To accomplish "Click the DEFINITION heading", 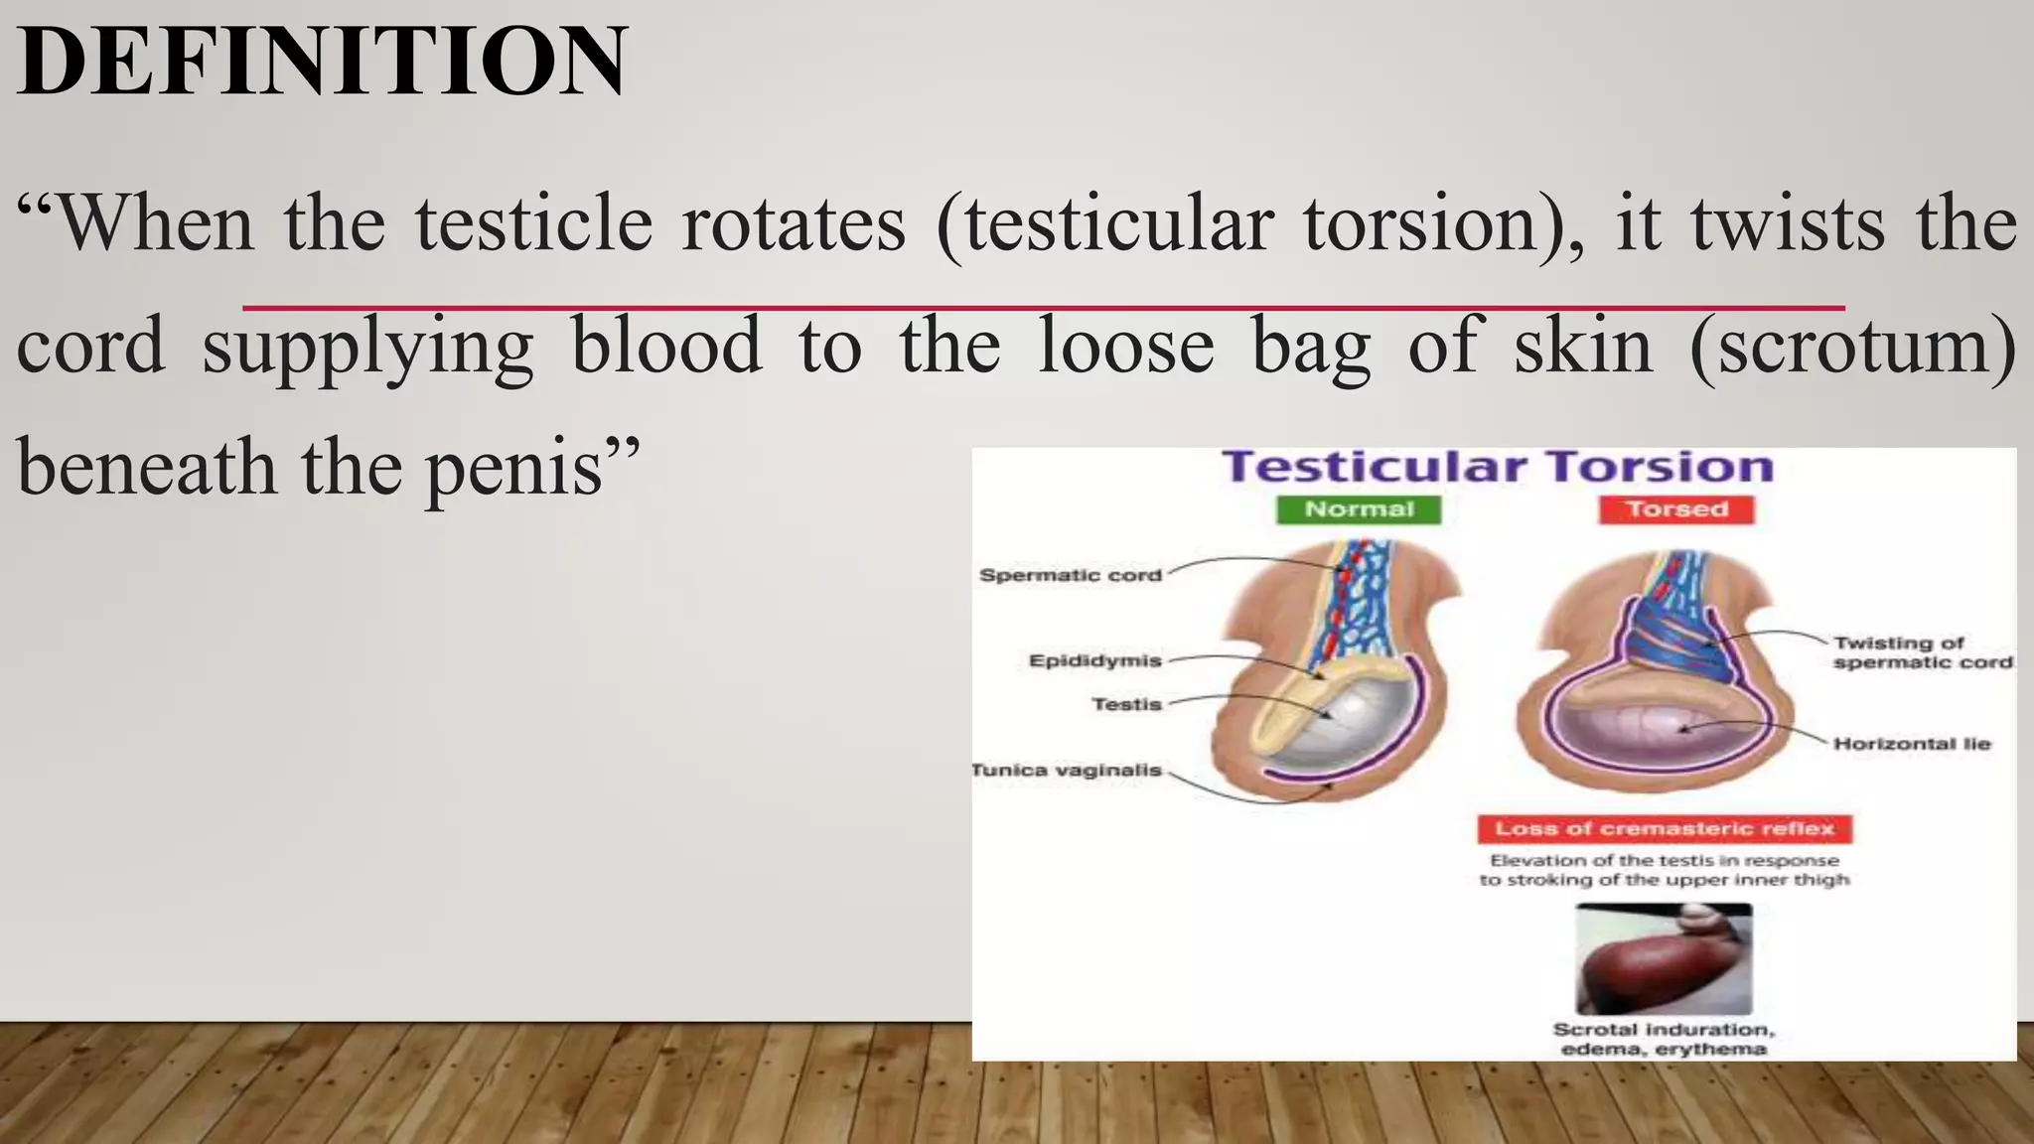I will pyautogui.click(x=322, y=62).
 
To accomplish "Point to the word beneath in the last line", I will pyautogui.click(x=147, y=468).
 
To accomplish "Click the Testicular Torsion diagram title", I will pyautogui.click(x=1497, y=467).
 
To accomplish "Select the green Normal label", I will pyautogui.click(x=1359, y=509).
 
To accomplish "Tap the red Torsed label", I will pyautogui.click(x=1676, y=509).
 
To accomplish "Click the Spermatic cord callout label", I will pyautogui.click(x=1070, y=575).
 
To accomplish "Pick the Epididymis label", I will pyautogui.click(x=1094, y=660).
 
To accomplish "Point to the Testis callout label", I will pyautogui.click(x=1126, y=704).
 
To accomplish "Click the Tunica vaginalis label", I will pyautogui.click(x=1066, y=770).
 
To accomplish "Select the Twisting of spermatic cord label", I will pyautogui.click(x=1921, y=652).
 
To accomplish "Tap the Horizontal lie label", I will pyautogui.click(x=1912, y=744).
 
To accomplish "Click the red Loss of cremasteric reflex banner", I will pyautogui.click(x=1665, y=828).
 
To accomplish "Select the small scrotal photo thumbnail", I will pyautogui.click(x=1664, y=959).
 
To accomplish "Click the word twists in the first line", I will pyautogui.click(x=1788, y=224).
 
